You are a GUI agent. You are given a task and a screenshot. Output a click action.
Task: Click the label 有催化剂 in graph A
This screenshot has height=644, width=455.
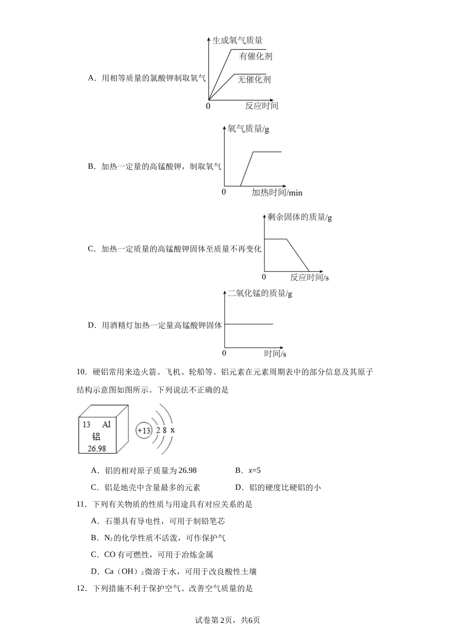pos(256,56)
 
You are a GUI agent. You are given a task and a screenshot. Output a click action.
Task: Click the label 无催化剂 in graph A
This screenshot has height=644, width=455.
pos(254,79)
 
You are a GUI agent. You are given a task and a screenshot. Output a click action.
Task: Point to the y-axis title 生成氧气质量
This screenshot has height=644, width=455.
pos(237,41)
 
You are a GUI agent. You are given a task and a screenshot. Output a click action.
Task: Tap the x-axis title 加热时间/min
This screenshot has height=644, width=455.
pos(277,193)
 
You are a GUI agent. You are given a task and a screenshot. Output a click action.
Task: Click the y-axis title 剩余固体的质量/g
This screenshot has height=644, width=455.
pos(299,217)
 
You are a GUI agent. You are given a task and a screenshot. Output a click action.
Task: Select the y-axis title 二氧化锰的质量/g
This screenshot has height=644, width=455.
pos(260,293)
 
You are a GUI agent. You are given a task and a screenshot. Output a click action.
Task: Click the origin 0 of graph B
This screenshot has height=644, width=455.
pos(224,192)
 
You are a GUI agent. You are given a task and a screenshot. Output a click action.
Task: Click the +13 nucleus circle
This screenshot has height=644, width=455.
pos(144,430)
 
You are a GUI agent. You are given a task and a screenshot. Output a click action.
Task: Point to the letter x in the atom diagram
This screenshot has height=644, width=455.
pos(172,430)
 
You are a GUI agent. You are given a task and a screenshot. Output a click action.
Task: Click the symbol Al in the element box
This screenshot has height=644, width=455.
pos(106,424)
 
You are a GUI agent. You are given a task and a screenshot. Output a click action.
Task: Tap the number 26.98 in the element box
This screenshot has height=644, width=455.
pos(96,448)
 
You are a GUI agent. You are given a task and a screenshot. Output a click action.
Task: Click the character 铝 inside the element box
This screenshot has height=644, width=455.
pos(96,437)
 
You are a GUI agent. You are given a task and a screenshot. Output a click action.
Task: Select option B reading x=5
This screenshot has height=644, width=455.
pos(248,471)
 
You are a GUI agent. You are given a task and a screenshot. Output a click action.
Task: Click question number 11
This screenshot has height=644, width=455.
pos(80,504)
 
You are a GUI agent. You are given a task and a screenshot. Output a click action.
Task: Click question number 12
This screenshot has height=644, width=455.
pos(80,588)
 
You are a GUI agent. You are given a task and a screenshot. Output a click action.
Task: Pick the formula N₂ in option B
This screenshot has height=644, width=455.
pos(108,538)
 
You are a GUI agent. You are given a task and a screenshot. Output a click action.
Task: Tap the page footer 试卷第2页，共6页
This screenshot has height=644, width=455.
pos(227,620)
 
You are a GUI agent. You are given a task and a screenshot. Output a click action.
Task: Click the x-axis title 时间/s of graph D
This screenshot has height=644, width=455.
pos(275,354)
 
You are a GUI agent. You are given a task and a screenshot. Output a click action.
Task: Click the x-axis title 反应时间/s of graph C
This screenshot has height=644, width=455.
pos(309,277)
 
